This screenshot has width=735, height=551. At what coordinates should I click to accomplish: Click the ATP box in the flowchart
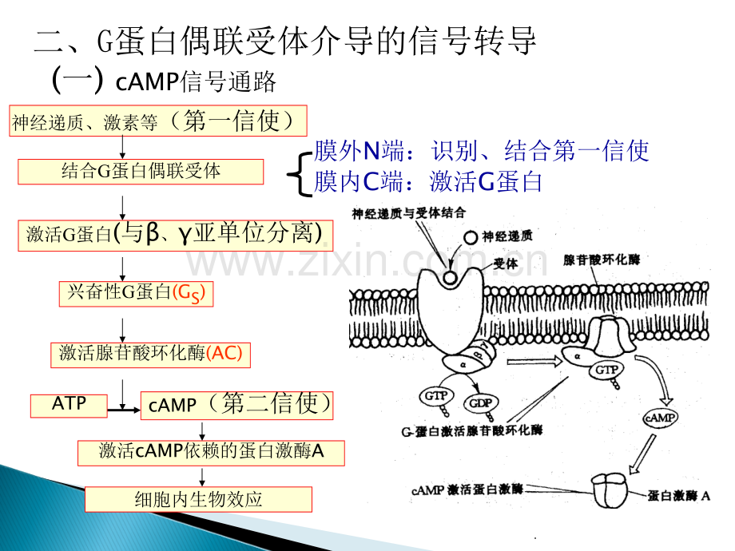(69, 406)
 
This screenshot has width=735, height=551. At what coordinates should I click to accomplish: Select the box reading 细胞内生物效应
(198, 499)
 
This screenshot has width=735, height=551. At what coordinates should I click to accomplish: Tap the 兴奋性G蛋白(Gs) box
(136, 294)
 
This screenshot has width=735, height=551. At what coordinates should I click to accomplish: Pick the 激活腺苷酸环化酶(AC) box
(150, 355)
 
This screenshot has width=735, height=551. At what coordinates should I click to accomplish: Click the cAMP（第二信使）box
(236, 406)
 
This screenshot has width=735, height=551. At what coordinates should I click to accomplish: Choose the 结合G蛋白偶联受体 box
(141, 172)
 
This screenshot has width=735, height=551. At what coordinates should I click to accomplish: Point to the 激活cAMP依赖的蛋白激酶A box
(211, 453)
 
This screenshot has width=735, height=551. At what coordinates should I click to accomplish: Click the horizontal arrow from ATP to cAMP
(124, 410)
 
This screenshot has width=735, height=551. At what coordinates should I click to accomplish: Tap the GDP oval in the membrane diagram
(480, 402)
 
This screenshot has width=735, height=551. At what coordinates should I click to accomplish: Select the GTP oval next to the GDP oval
(436, 396)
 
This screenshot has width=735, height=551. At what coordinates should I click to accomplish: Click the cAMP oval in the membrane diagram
(660, 417)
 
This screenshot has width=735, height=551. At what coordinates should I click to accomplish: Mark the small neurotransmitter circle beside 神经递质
(470, 237)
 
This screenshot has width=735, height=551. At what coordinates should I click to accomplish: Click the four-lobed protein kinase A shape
(609, 490)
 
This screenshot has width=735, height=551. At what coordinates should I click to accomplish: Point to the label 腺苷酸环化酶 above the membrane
(602, 260)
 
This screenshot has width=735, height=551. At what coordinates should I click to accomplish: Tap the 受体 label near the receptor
(505, 264)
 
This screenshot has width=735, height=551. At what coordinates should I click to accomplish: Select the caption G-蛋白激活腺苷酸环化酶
(471, 430)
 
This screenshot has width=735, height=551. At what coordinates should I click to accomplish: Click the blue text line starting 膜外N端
(482, 151)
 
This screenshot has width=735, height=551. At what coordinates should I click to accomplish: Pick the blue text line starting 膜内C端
(428, 182)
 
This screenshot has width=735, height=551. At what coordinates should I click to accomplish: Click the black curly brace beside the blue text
(299, 174)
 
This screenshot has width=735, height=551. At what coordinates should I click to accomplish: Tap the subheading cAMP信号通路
(196, 81)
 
